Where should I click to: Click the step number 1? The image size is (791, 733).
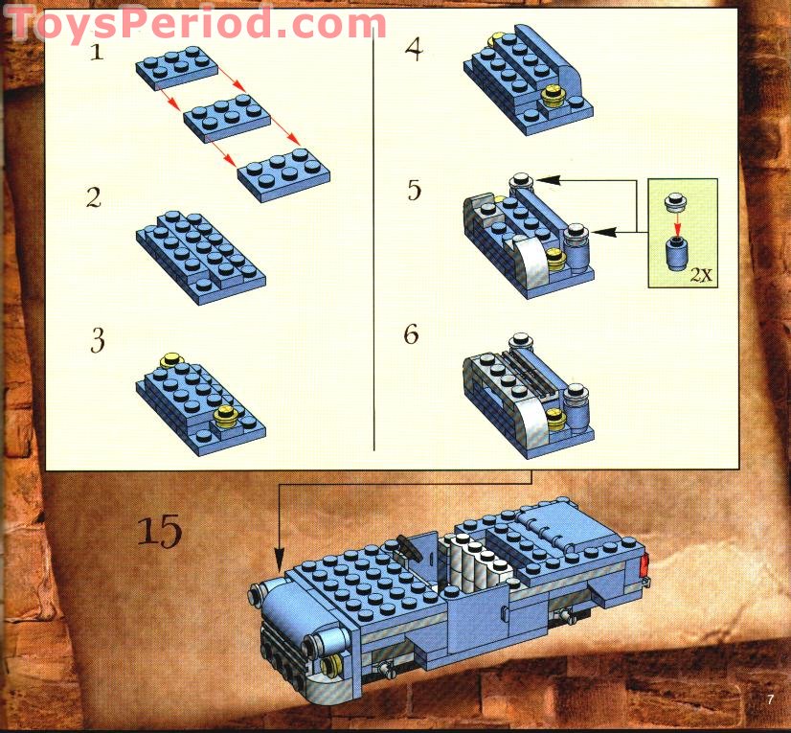(96, 52)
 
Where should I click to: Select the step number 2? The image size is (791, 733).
(93, 198)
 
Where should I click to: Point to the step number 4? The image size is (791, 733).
(413, 48)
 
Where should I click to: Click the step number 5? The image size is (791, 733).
(414, 190)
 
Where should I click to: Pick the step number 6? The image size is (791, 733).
(412, 335)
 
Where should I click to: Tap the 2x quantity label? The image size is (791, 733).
(701, 274)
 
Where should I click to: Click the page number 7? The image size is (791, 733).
(769, 699)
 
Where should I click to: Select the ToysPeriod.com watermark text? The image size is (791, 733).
(196, 23)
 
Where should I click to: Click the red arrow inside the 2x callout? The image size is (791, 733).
(678, 221)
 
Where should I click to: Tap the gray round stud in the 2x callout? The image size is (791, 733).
(678, 201)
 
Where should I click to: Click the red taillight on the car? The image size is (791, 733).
(644, 566)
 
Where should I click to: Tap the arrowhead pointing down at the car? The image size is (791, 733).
(279, 558)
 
